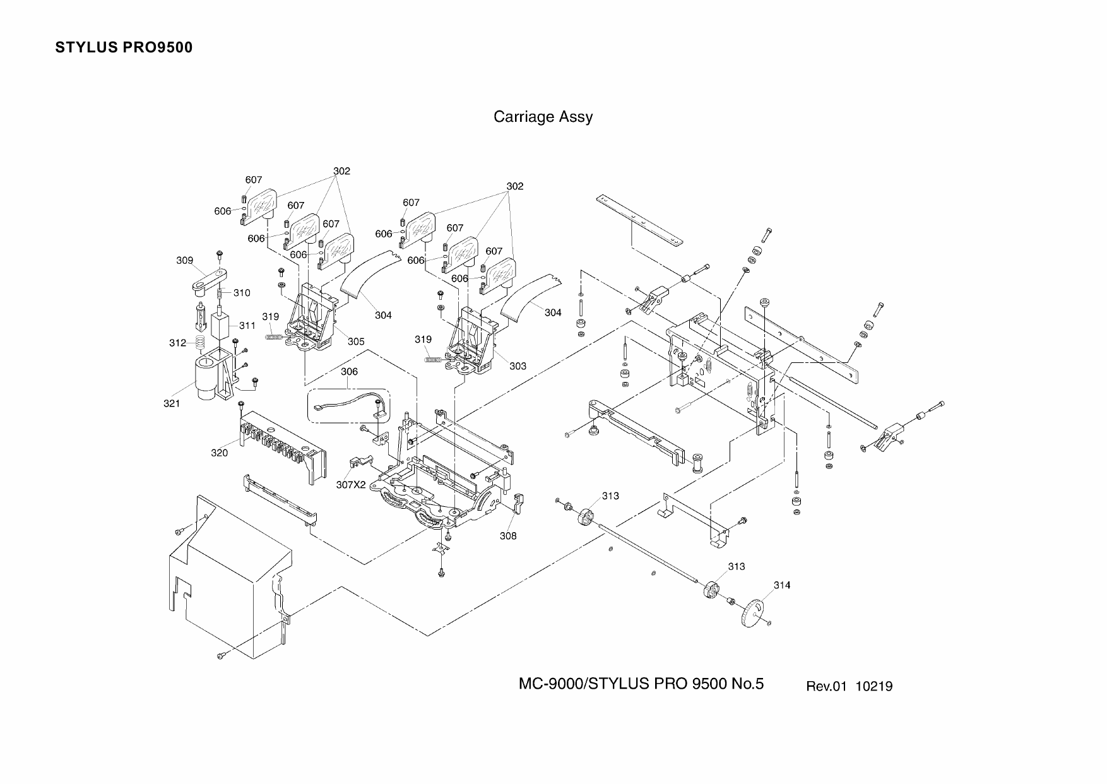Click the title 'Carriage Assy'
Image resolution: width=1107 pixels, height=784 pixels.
(543, 117)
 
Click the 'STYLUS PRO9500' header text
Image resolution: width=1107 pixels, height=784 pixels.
(124, 48)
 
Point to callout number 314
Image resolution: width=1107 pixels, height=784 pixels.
(781, 585)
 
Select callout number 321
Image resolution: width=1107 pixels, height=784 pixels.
(172, 404)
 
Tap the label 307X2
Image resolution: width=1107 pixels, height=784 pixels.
(351, 484)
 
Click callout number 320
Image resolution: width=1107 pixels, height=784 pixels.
(219, 453)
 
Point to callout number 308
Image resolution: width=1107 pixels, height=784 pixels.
(507, 536)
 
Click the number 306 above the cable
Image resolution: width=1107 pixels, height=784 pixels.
(349, 372)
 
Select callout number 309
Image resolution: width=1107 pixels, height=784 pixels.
(184, 261)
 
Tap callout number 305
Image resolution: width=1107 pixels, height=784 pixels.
(356, 342)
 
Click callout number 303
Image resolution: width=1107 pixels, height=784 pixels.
(518, 366)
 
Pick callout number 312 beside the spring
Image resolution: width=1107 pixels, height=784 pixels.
(177, 343)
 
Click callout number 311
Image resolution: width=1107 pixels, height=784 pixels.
(247, 326)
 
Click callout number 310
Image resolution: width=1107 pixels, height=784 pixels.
(242, 293)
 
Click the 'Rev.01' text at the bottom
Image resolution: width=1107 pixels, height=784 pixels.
(826, 686)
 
